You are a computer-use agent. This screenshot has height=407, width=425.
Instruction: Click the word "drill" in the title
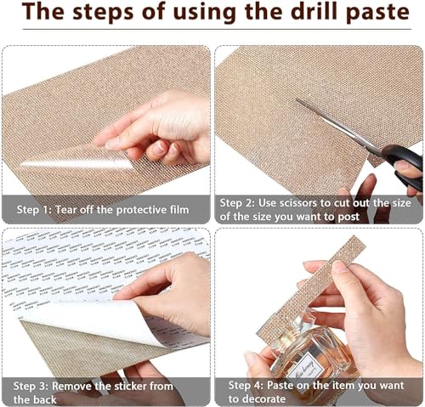pyautogui.click(x=312, y=12)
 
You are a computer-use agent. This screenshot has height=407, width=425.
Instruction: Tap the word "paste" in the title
pyautogui.click(x=377, y=14)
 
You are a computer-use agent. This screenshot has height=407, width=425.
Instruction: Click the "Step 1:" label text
pyautogui.click(x=34, y=210)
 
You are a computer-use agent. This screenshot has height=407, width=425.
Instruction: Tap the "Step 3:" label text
pyautogui.click(x=31, y=386)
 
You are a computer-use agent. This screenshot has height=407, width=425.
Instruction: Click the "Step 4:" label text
pyautogui.click(x=246, y=385)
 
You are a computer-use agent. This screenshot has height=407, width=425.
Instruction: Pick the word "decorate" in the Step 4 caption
pyautogui.click(x=264, y=399)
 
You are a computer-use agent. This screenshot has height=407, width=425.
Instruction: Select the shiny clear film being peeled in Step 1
pyautogui.click(x=76, y=163)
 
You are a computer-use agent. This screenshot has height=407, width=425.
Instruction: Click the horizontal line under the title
pyautogui.click(x=217, y=29)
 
